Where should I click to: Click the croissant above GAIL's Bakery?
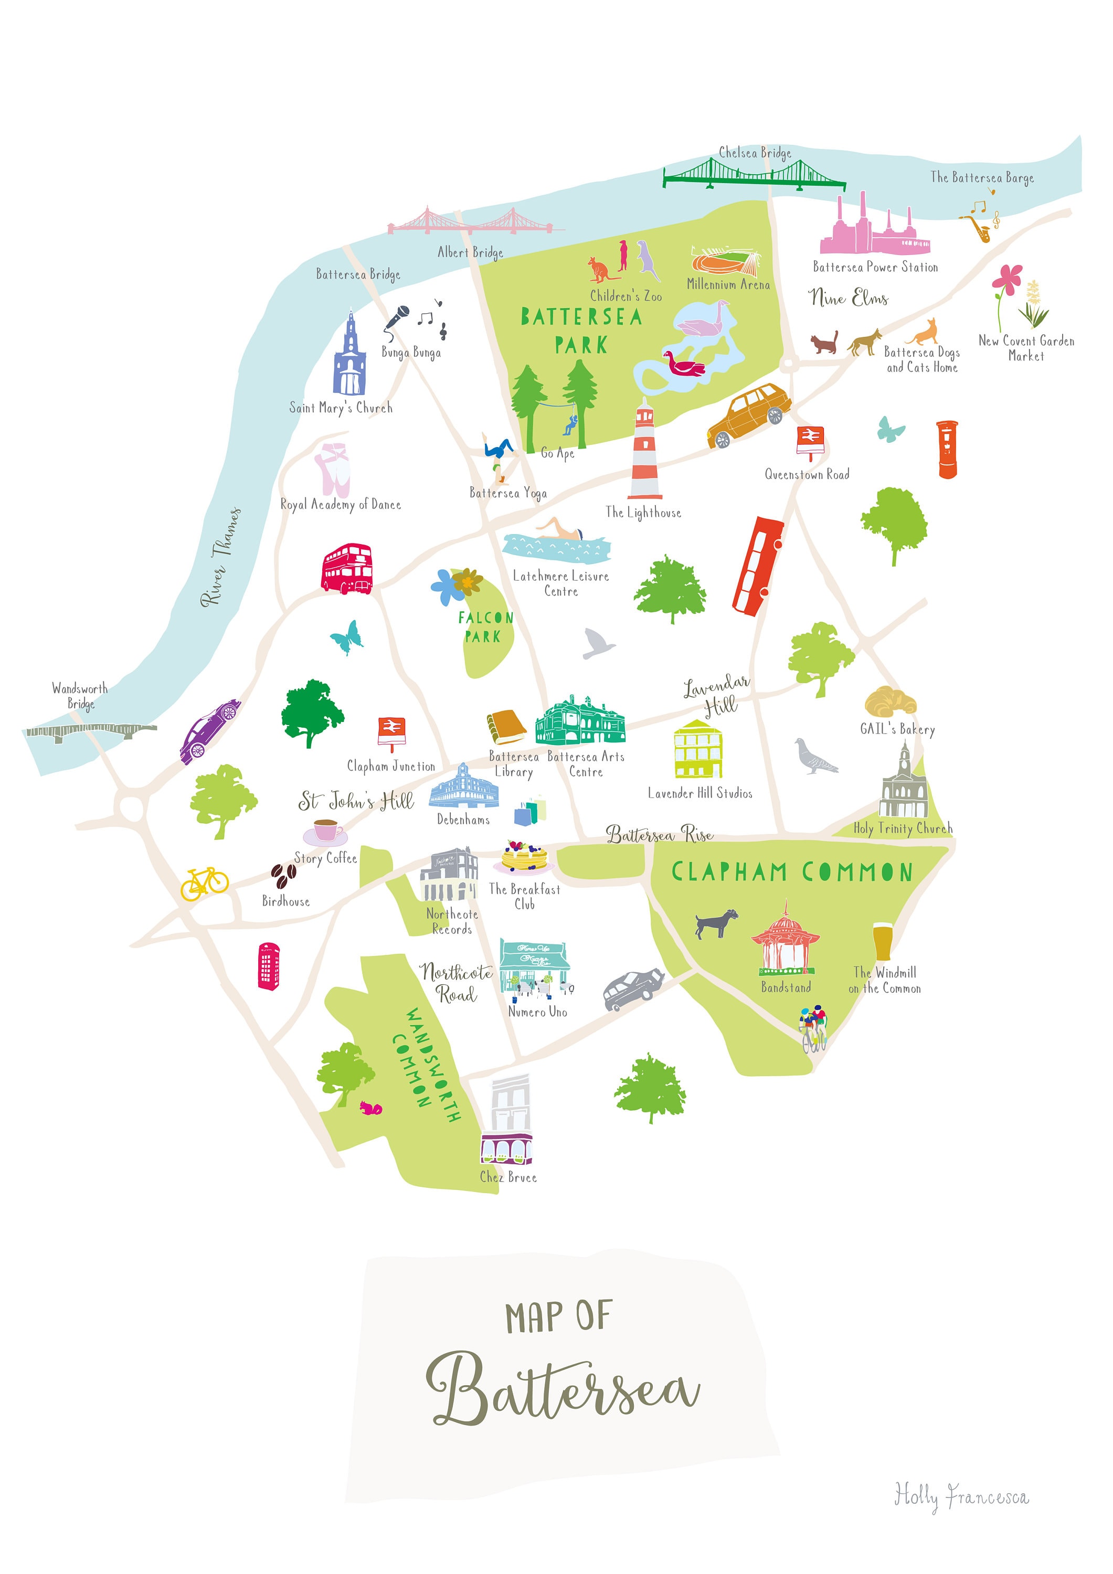coord(890,701)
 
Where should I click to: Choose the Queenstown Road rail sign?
coord(809,441)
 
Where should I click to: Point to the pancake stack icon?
coord(523,857)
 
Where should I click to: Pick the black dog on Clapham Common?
coord(715,923)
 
